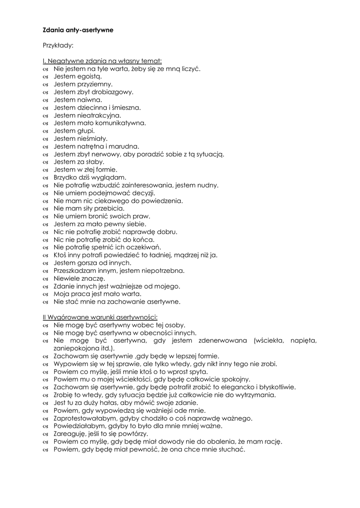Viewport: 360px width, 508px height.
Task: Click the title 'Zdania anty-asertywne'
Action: click(x=77, y=30)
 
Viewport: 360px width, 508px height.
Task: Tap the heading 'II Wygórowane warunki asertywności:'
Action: click(x=100, y=317)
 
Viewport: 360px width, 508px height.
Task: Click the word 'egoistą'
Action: click(x=89, y=76)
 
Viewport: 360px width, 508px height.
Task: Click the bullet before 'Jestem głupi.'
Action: click(x=46, y=131)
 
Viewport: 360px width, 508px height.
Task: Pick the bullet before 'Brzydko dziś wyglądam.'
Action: click(x=46, y=178)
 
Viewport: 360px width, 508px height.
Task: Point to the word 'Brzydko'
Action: click(x=66, y=178)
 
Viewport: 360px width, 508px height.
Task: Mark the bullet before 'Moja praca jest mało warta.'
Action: click(x=46, y=294)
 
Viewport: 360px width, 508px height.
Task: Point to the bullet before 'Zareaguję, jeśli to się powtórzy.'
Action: click(x=46, y=434)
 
